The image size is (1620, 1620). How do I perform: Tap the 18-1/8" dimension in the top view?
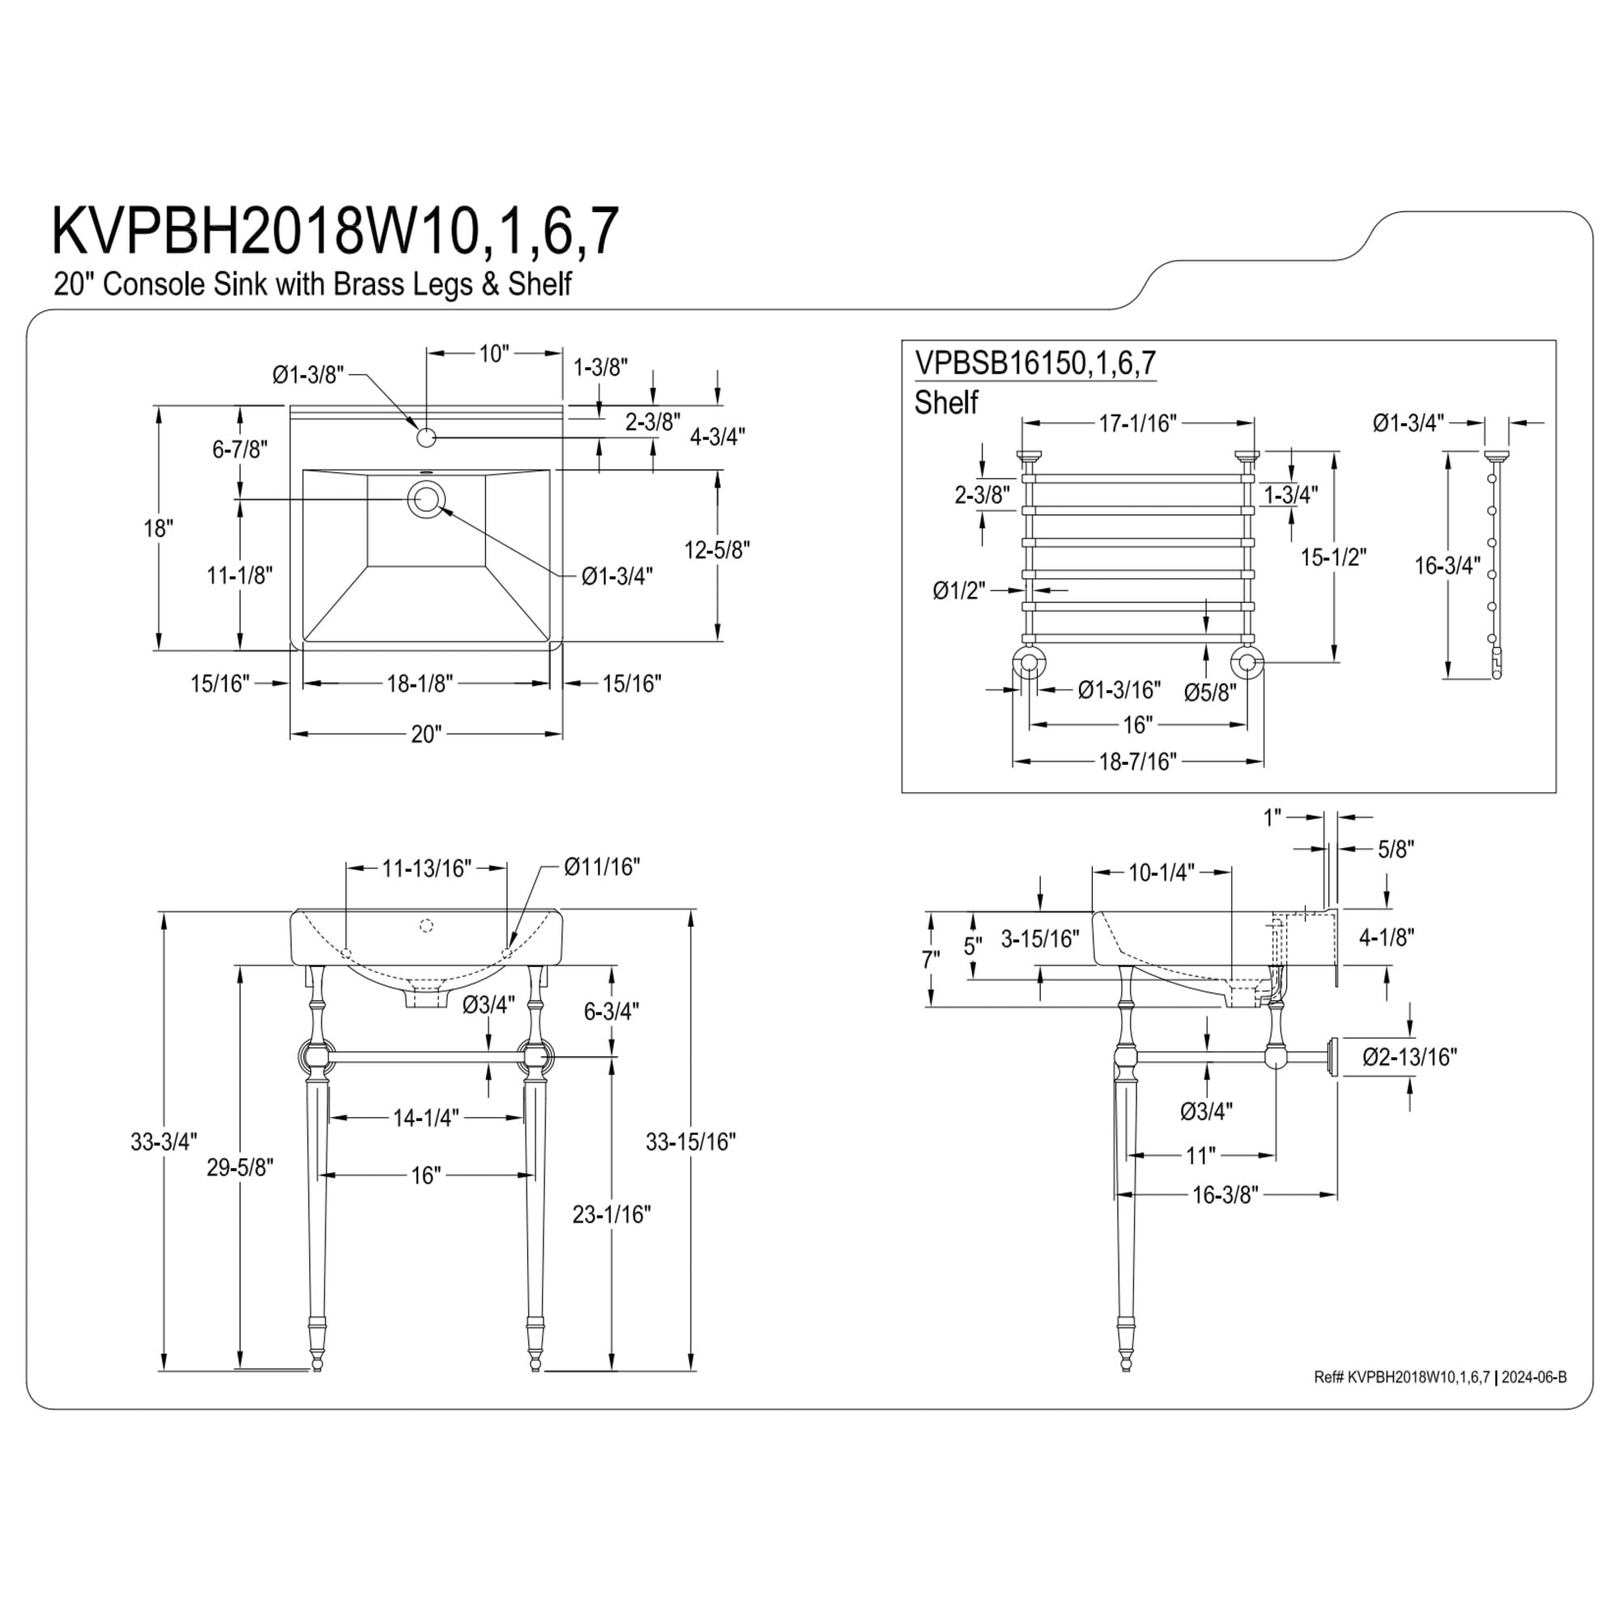pos(420,684)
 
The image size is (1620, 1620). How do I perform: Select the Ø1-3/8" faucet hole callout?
pos(309,375)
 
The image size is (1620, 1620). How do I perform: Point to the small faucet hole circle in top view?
pos(426,437)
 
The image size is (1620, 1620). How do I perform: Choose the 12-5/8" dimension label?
pos(717,550)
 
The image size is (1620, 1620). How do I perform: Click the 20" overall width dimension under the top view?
pos(426,735)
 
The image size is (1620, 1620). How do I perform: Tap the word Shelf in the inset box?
pos(946,403)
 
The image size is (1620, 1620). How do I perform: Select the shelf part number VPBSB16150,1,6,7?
pos(1035,362)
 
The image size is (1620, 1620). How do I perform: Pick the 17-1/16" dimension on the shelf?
pos(1139,424)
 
